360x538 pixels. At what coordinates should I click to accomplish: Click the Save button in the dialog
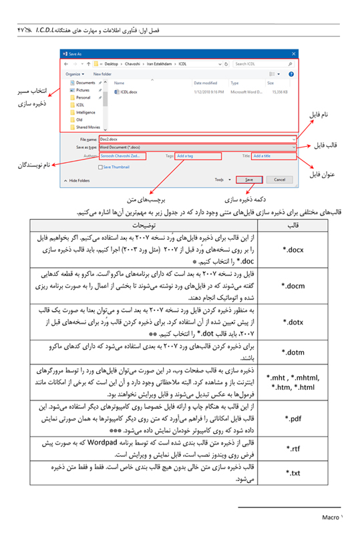248,180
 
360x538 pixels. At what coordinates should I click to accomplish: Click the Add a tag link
185,156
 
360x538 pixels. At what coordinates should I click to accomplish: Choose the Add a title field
261,156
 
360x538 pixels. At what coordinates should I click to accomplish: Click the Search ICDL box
264,63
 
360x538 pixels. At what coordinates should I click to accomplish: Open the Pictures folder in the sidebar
83,90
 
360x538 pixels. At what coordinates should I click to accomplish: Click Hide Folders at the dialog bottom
79,180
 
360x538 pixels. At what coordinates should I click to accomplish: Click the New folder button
102,73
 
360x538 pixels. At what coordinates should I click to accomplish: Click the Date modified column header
201,82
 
